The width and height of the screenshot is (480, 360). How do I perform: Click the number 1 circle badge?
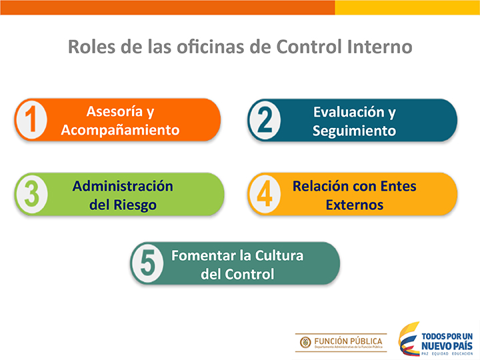[31, 120]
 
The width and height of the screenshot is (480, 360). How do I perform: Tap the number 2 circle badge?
[265, 120]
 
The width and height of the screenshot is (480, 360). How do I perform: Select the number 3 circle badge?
[32, 194]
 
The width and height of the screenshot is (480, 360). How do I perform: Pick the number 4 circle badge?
[265, 194]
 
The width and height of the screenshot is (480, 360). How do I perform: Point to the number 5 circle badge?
[148, 263]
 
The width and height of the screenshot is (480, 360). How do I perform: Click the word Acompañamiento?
[120, 130]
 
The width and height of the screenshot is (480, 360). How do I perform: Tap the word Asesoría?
[115, 111]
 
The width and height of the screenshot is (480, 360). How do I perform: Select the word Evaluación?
[349, 112]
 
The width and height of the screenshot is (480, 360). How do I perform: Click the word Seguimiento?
[354, 131]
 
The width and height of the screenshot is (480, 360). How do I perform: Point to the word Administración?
[123, 186]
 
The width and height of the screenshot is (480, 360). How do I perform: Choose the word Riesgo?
[135, 205]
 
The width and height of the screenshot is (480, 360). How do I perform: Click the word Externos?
[355, 205]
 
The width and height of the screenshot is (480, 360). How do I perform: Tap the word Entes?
[397, 186]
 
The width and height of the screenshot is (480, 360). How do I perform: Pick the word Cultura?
[279, 255]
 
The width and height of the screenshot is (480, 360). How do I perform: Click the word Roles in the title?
[91, 47]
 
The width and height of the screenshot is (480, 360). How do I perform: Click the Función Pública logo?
[341, 343]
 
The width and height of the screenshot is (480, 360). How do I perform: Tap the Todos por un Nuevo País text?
[447, 341]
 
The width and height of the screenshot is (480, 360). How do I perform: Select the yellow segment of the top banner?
[407, 7]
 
